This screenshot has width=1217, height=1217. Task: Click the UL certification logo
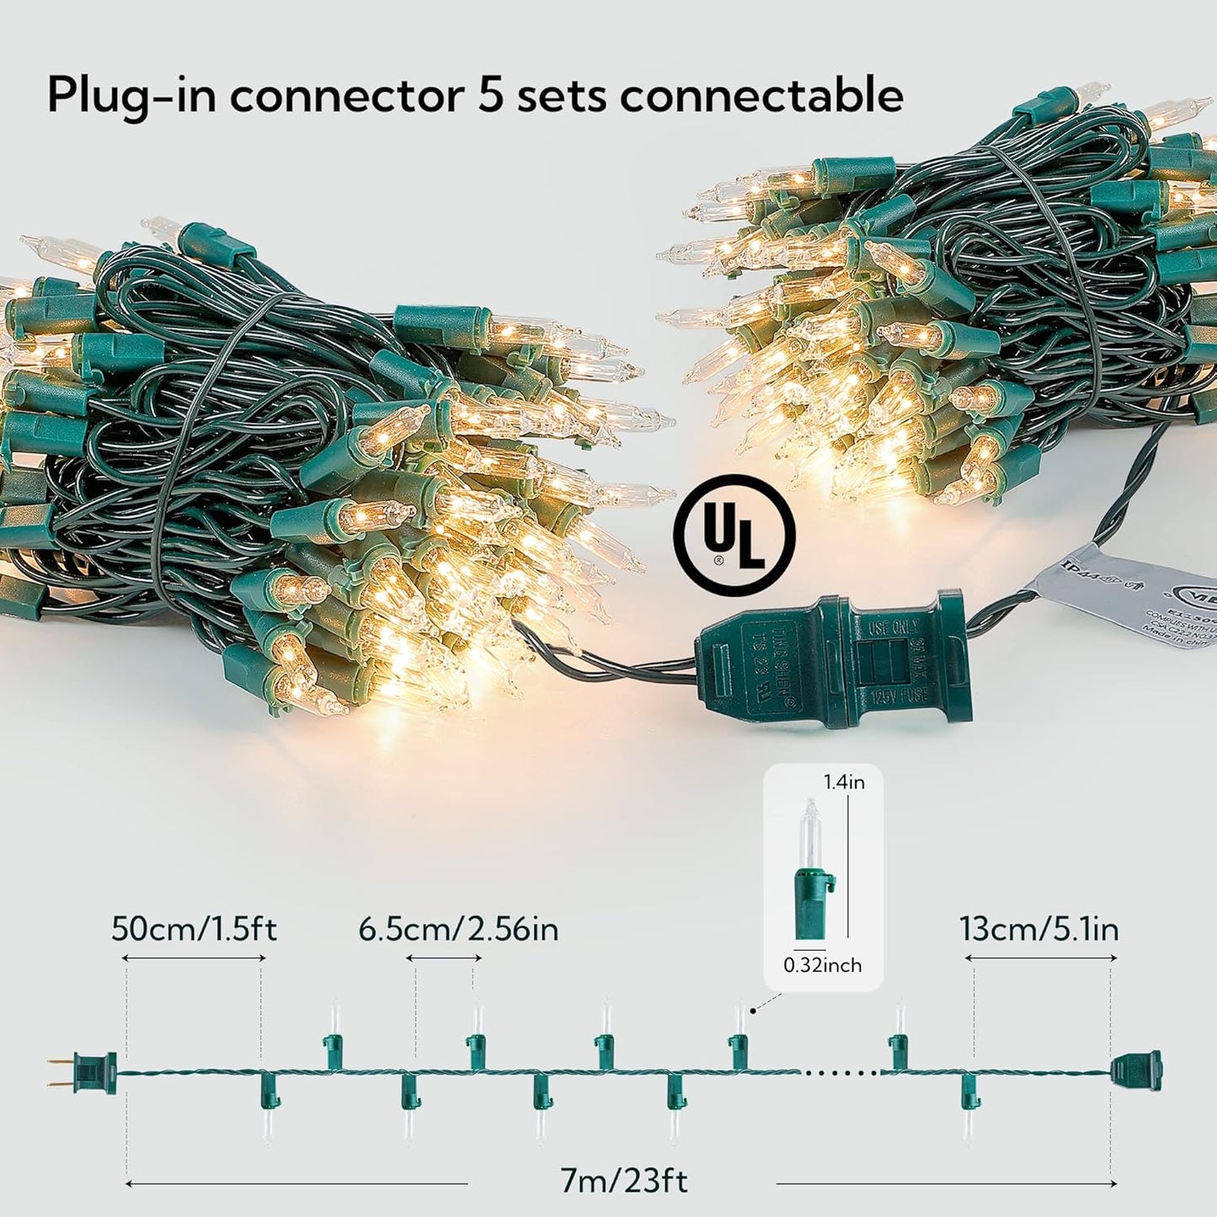point(734,536)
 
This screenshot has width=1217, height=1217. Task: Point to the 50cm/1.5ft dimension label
point(194,930)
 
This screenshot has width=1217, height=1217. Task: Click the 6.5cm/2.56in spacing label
point(458,930)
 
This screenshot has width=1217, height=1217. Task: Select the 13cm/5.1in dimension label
point(1038,930)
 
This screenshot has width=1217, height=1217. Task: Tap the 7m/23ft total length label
point(623,1181)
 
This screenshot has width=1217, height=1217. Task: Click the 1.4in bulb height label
point(844,782)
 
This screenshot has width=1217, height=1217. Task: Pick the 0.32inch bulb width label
point(822,965)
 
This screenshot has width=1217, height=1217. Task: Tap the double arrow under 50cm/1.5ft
point(194,958)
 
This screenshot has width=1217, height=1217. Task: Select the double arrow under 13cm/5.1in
point(1041,958)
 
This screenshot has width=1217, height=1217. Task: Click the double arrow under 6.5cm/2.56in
point(443,958)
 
